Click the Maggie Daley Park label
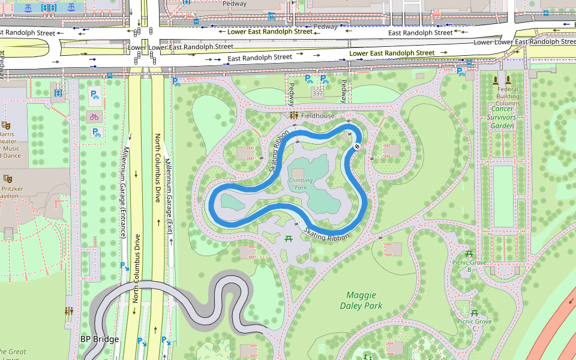[361, 300]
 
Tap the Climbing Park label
[301, 184]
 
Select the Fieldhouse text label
[317, 115]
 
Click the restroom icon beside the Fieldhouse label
[294, 115]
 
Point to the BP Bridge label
[100, 339]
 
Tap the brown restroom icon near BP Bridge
[69, 311]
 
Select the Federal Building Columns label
[508, 96]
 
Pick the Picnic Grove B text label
[469, 266]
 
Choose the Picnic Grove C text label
[474, 325]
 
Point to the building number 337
[317, 94]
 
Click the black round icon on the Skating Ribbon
[356, 146]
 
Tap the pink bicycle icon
[94, 117]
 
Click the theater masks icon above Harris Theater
[7, 125]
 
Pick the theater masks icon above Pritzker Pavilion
[8, 178]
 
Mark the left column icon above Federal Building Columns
[495, 80]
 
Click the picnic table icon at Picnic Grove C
[474, 313]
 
